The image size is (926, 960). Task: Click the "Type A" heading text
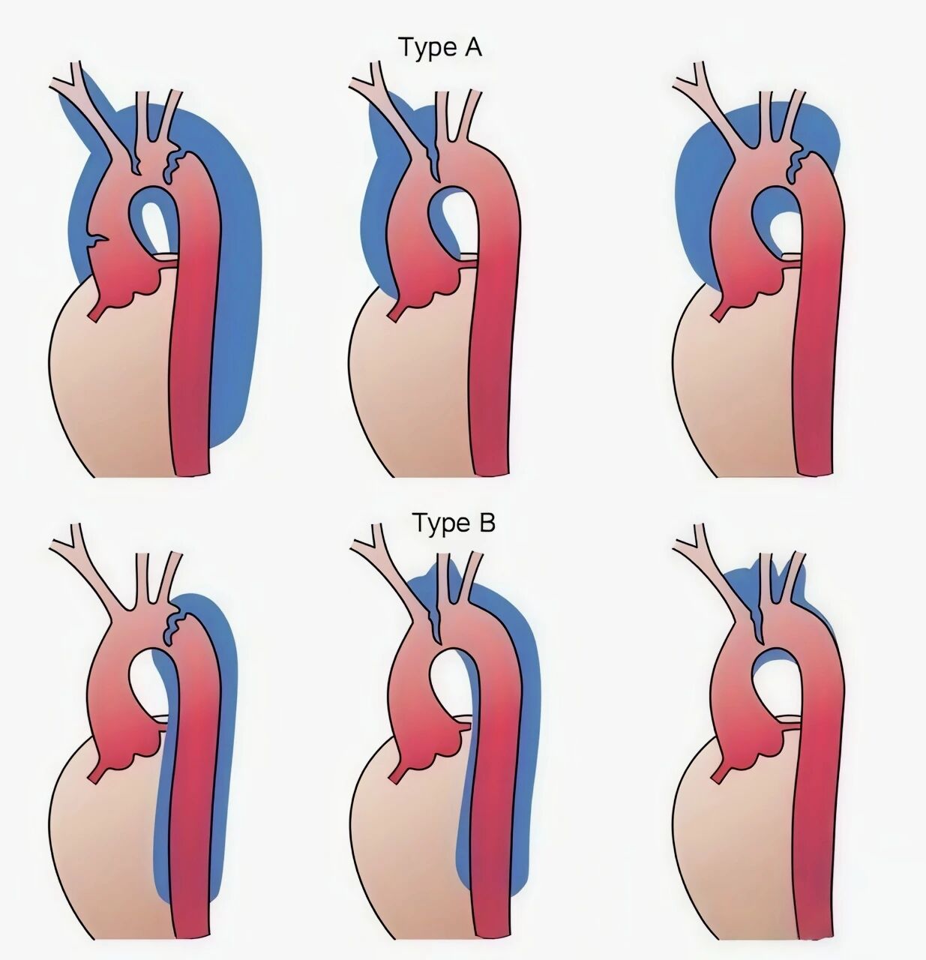(440, 48)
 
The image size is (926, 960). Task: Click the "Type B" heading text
(454, 523)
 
